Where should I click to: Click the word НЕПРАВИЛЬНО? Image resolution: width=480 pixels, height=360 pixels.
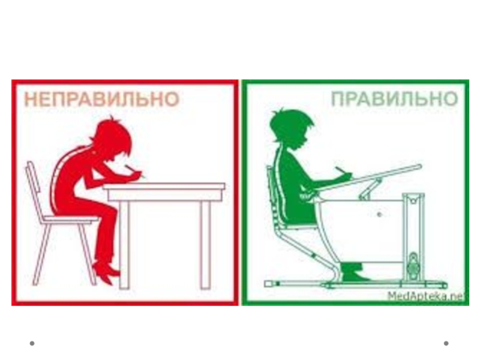(101, 99)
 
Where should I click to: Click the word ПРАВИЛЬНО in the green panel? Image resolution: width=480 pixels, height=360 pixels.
(395, 99)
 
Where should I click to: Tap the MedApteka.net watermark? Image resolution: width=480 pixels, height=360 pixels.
(426, 296)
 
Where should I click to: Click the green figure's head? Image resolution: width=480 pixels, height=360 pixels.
(291, 128)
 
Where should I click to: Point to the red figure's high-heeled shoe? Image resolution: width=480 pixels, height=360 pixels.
(106, 271)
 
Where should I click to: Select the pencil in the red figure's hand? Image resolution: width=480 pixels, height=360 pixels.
(134, 172)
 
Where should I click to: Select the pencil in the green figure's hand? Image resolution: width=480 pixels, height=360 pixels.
(343, 171)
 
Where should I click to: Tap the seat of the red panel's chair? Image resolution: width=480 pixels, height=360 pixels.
(70, 219)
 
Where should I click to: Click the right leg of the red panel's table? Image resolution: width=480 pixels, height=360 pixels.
(205, 244)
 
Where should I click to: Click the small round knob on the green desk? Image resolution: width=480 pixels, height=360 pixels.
(379, 215)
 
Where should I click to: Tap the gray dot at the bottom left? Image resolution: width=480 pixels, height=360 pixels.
(32, 343)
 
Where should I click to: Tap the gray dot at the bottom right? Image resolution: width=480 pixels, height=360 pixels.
(446, 343)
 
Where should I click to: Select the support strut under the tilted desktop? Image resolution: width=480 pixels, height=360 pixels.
(370, 190)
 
